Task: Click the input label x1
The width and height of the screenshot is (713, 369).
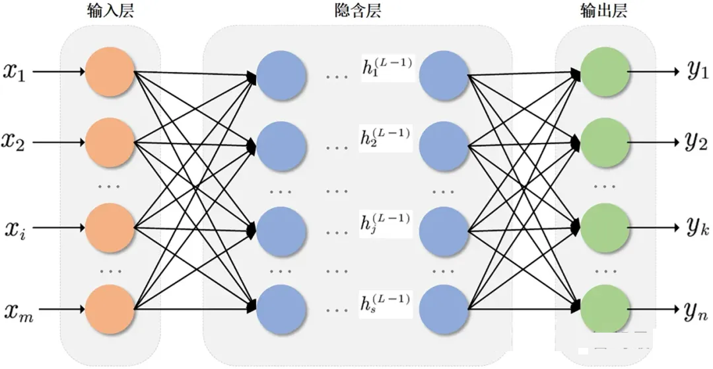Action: (14, 71)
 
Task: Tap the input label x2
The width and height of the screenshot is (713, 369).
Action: (14, 141)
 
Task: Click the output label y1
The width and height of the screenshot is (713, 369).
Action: (696, 71)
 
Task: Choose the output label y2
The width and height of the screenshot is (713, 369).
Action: (696, 141)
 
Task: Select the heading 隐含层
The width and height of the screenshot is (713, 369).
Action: (357, 11)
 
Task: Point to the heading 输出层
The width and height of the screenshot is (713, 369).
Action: (604, 11)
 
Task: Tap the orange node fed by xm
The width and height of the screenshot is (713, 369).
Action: (110, 309)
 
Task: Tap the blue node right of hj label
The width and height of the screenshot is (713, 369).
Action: (443, 227)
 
